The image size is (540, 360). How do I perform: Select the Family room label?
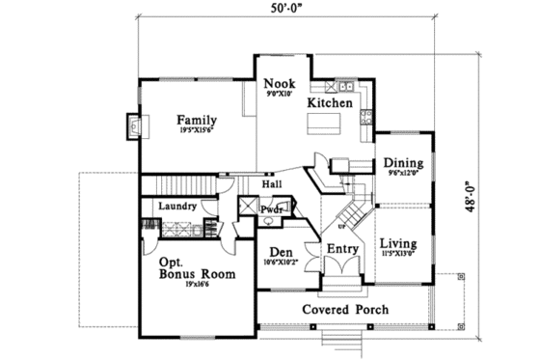pyautogui.click(x=197, y=121)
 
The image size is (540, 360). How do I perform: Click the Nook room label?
pyautogui.click(x=281, y=84)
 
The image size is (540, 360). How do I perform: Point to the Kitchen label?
pyautogui.click(x=329, y=102)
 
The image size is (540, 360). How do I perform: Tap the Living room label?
pyautogui.click(x=397, y=242)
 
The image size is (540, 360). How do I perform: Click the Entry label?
pyautogui.click(x=342, y=249)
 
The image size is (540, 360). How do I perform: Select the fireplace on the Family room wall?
pyautogui.click(x=133, y=125)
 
